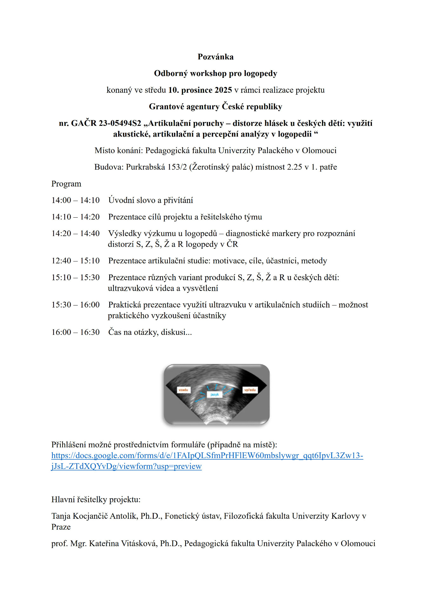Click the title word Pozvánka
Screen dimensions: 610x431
pyautogui.click(x=215, y=57)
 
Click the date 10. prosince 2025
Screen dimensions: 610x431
pyautogui.click(x=200, y=90)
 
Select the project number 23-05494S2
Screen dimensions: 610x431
pyautogui.click(x=120, y=123)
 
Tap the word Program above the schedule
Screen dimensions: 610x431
pyautogui.click(x=66, y=184)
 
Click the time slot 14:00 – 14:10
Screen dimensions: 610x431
pyautogui.click(x=75, y=200)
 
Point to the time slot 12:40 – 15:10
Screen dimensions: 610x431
pyautogui.click(x=75, y=261)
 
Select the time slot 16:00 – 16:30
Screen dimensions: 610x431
pyautogui.click(x=75, y=332)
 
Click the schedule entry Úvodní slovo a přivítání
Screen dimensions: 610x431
pyautogui.click(x=151, y=200)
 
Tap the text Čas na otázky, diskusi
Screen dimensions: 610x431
pyautogui.click(x=150, y=332)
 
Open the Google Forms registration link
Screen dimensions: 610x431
pyautogui.click(x=207, y=456)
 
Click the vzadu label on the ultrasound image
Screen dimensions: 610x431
pyautogui.click(x=183, y=390)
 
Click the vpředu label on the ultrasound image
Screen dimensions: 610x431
pyautogui.click(x=250, y=390)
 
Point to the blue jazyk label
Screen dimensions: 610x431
pyautogui.click(x=215, y=395)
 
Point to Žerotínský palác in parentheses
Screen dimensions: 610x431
pyautogui.click(x=221, y=167)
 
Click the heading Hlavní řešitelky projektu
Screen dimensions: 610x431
pyautogui.click(x=96, y=499)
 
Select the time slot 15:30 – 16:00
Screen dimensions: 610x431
pyautogui.click(x=75, y=305)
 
